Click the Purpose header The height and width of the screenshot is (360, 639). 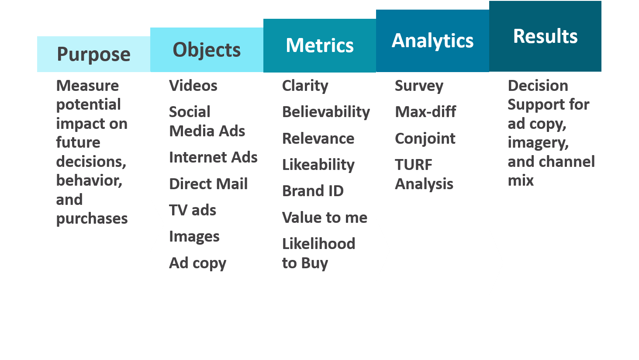(93, 54)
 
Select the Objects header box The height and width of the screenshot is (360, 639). (207, 50)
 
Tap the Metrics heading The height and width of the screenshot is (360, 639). (320, 45)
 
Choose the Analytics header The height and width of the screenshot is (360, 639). (432, 41)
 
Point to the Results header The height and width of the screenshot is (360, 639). (545, 36)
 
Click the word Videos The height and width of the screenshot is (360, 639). (193, 86)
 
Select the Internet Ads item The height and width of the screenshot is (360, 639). (213, 157)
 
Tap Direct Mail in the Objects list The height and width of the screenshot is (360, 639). (208, 183)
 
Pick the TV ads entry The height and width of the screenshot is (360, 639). (193, 210)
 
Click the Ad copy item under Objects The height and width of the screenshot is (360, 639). (197, 263)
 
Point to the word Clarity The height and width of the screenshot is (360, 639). (305, 86)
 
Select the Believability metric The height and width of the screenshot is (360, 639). (326, 112)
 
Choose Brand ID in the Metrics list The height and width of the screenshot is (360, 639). (313, 191)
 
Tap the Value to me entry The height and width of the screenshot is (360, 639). (325, 218)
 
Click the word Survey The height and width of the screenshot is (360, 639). (419, 86)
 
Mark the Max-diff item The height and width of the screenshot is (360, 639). (425, 111)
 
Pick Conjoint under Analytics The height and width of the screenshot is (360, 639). (425, 138)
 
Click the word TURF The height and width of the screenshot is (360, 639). (413, 165)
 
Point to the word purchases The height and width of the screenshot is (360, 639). (92, 219)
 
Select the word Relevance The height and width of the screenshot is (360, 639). (318, 138)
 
